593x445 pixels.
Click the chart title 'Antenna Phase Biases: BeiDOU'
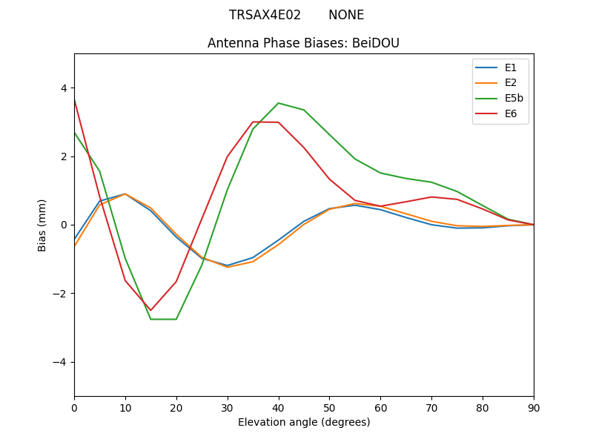(303, 43)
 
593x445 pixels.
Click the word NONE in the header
(346, 15)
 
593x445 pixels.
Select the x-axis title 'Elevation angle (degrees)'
(303, 423)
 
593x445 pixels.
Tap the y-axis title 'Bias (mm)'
(42, 225)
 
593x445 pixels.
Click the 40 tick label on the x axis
(278, 408)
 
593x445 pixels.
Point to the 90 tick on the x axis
(534, 408)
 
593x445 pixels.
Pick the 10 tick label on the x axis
(125, 408)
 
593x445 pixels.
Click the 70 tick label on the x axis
(431, 408)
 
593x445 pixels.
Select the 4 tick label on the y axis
(64, 88)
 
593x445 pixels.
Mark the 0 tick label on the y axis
(64, 225)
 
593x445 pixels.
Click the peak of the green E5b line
(278, 103)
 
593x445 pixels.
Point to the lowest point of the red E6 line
(150, 310)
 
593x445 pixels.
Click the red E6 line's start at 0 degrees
(75, 99)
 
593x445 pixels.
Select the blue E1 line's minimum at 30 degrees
(227, 266)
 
